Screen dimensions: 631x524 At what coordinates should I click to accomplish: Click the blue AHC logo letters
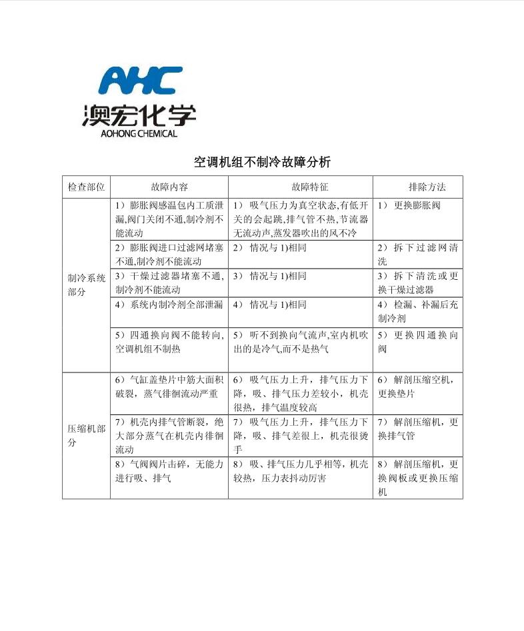point(140,81)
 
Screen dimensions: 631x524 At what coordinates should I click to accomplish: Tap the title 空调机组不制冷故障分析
point(262,162)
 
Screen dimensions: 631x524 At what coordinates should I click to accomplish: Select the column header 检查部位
point(86,187)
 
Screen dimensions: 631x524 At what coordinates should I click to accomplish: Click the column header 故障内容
point(169,187)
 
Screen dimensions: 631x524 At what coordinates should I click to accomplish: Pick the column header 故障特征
point(300,187)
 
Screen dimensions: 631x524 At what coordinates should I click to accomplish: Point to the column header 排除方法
point(417,187)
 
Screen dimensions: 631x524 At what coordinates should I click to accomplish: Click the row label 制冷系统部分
point(86,285)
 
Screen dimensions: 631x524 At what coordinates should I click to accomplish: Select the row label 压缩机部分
point(86,436)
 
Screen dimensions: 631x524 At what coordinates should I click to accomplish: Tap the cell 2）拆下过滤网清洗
point(417,255)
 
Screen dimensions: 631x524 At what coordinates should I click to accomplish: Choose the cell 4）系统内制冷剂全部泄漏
point(169,305)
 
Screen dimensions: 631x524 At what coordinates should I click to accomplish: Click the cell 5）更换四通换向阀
point(417,342)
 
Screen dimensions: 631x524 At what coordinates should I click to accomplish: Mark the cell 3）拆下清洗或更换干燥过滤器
point(417,283)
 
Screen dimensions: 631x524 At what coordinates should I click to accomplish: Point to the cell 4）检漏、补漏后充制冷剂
point(417,311)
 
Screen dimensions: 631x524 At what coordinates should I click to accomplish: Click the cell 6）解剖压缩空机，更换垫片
point(417,386)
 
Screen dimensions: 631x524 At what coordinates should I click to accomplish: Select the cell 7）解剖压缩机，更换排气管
point(417,428)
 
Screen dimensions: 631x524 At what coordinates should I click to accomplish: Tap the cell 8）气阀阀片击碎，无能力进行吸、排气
point(169,471)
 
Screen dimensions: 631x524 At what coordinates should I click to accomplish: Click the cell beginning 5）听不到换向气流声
point(300,342)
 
